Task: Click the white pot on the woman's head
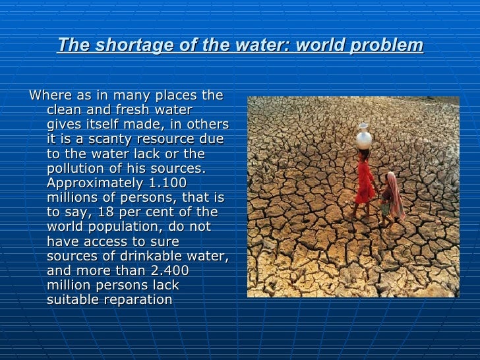point(364,136)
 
